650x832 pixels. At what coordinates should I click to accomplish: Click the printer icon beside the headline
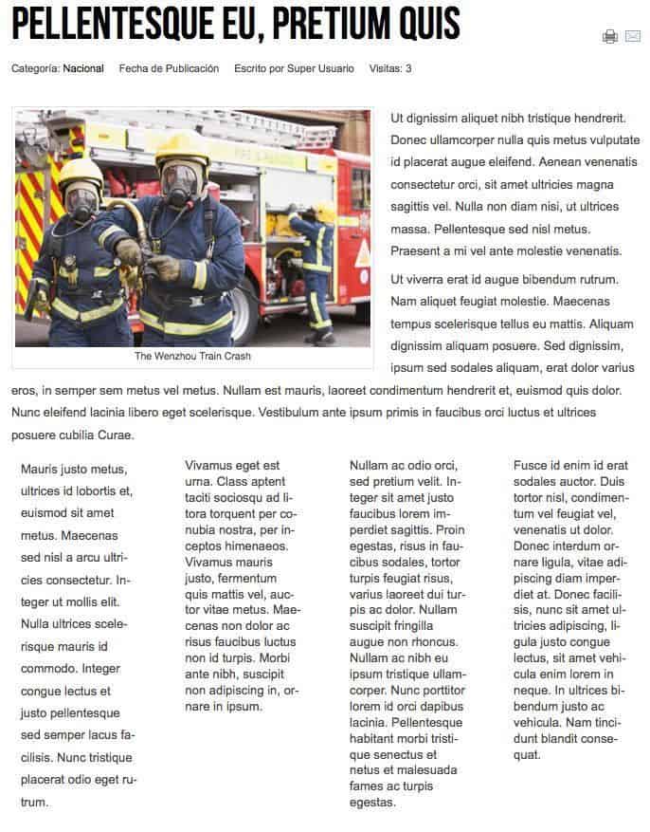(610, 36)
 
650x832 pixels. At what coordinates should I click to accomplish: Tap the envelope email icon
(633, 36)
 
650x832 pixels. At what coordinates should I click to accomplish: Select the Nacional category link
(83, 68)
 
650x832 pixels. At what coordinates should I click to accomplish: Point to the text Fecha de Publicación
(169, 68)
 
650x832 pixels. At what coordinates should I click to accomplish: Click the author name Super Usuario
(323, 68)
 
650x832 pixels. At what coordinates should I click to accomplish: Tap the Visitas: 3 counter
(390, 68)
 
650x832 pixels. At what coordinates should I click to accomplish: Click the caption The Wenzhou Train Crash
(192, 357)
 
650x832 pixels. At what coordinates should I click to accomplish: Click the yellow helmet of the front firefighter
(182, 150)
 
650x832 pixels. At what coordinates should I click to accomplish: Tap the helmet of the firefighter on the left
(81, 173)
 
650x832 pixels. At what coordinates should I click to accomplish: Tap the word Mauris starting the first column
(40, 469)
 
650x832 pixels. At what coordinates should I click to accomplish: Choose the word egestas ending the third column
(372, 803)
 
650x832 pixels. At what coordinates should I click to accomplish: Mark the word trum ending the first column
(34, 803)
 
